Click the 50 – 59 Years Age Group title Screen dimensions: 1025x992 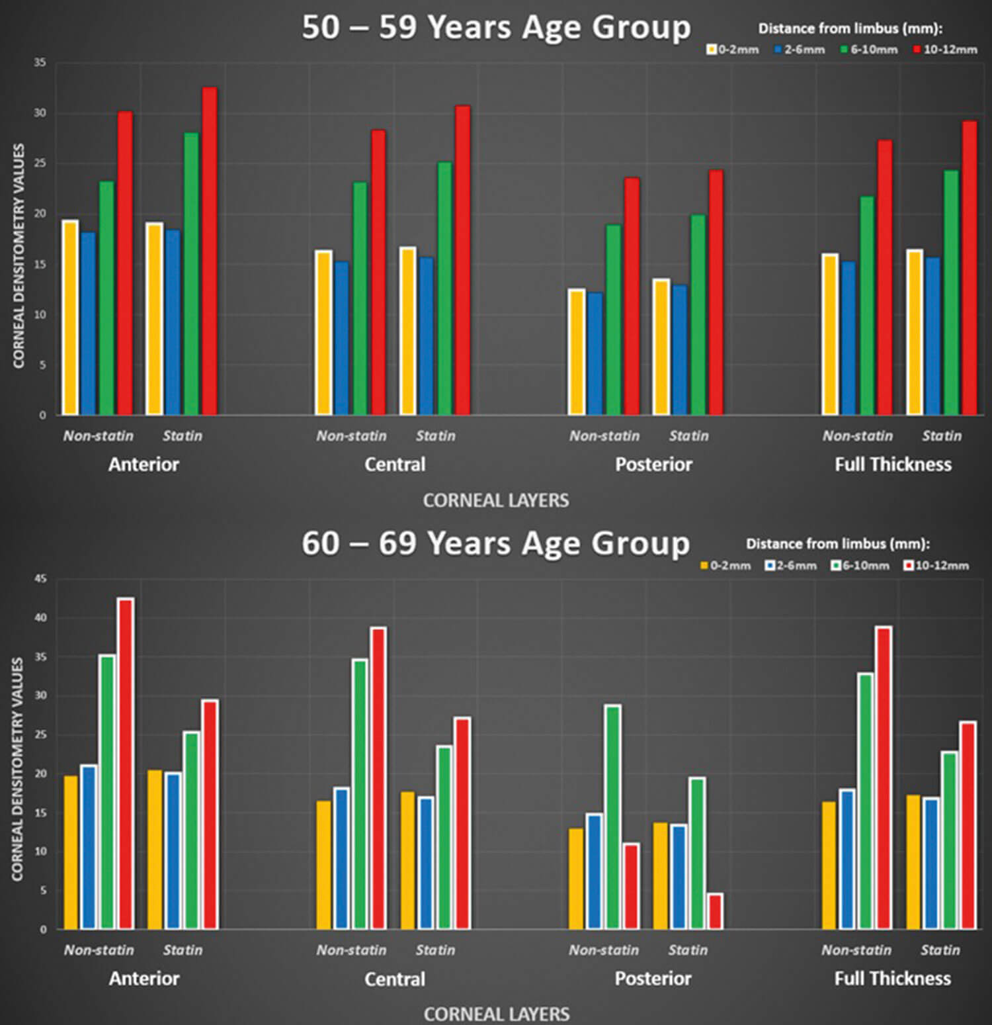click(496, 28)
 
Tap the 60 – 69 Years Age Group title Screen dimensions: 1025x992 click(496, 543)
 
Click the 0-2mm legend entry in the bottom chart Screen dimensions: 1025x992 click(725, 566)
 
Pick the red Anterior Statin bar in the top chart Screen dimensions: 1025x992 click(209, 251)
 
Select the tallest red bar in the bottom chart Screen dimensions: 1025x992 click(126, 764)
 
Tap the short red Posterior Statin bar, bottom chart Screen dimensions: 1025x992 click(715, 911)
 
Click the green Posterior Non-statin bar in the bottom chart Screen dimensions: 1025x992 click(613, 817)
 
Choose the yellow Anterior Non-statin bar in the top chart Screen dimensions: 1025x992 click(70, 318)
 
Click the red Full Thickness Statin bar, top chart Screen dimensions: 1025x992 click(969, 268)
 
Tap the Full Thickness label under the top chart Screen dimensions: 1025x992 click(893, 465)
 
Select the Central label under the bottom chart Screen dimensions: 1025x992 click(395, 979)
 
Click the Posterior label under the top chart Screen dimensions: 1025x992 click(653, 465)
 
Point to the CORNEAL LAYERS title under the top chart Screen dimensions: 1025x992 click(496, 500)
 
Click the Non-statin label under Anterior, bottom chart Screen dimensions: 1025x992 click(99, 950)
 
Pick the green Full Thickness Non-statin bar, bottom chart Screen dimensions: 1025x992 click(866, 801)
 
